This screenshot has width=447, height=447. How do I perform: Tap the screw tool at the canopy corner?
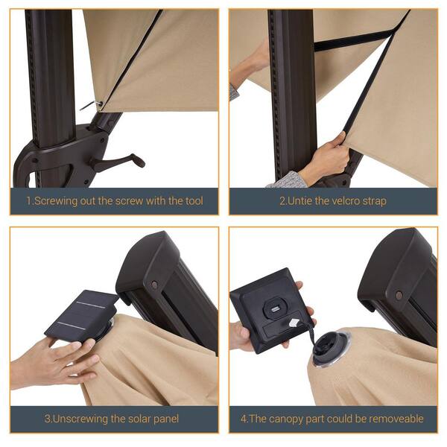(92, 106)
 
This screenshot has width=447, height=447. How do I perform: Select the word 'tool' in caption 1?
(194, 200)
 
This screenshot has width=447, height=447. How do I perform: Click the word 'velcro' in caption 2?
(346, 201)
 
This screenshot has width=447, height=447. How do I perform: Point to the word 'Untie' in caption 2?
(299, 201)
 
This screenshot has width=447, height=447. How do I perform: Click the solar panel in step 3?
(82, 316)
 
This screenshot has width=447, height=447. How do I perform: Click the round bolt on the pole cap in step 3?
(154, 285)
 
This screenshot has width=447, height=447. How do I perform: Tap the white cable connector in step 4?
(294, 323)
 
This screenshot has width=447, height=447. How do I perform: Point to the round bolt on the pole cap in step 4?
(399, 295)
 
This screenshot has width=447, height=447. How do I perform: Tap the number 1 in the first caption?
(28, 201)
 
